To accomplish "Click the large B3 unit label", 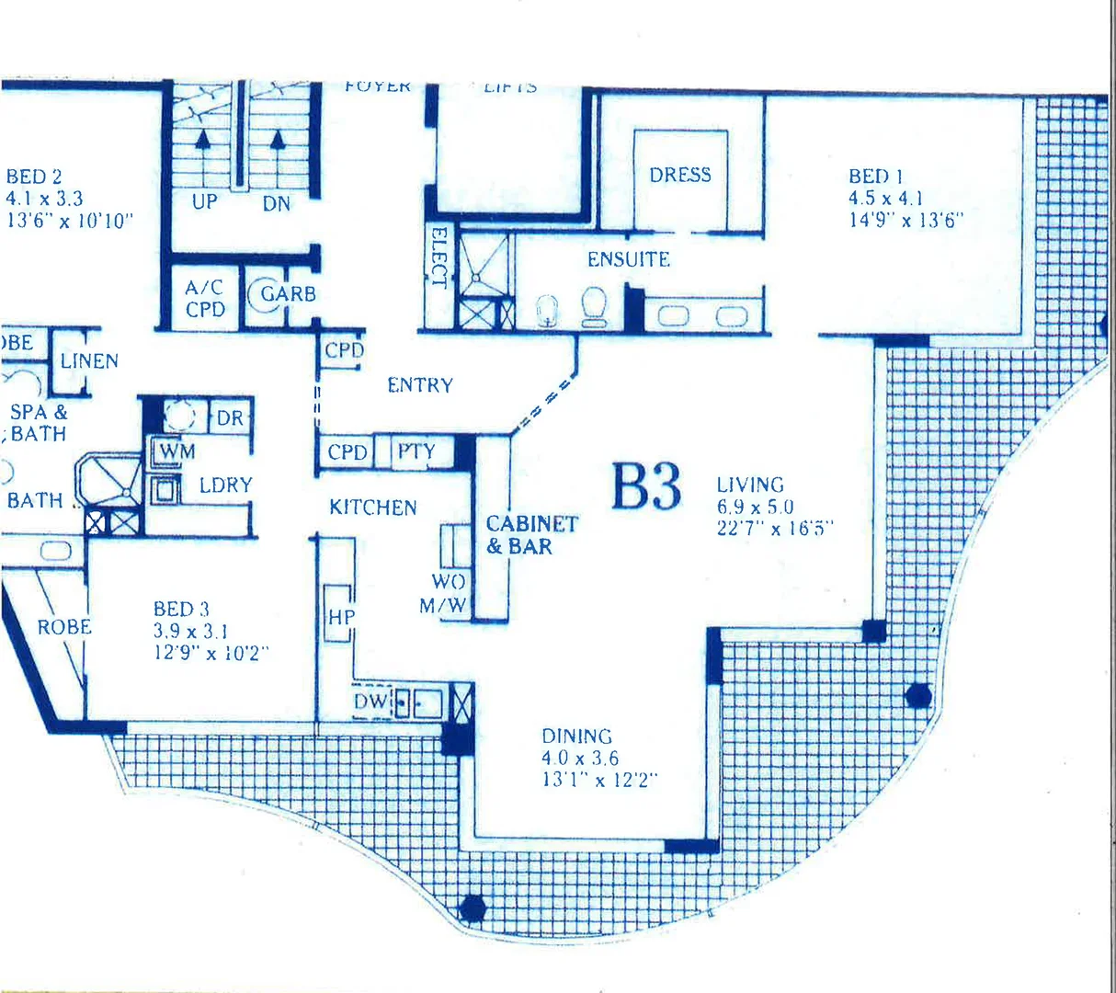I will [x=647, y=486].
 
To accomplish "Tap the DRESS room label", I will [x=680, y=175].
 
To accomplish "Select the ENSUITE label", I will [x=629, y=259].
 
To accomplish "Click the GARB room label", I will [x=288, y=294].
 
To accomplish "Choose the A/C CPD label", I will [x=205, y=299].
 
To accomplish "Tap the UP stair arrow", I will [x=203, y=143].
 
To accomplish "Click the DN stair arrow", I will [x=277, y=143].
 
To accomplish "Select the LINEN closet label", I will [x=89, y=361].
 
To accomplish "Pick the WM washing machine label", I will [x=177, y=451].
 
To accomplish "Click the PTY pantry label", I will [x=416, y=451].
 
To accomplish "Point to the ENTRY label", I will [x=420, y=385].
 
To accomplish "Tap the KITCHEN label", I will [x=373, y=508].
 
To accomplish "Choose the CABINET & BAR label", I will [x=531, y=535].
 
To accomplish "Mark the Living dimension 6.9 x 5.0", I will [x=756, y=507].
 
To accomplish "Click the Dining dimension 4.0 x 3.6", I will [x=580, y=759].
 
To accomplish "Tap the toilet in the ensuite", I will [x=594, y=306].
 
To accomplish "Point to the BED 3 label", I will [x=181, y=609].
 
